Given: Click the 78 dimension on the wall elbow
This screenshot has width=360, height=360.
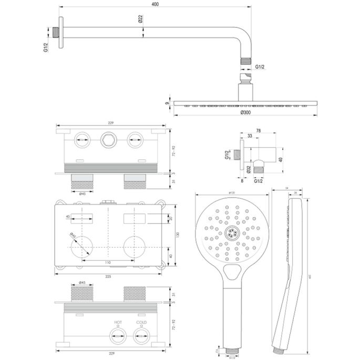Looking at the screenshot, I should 259,131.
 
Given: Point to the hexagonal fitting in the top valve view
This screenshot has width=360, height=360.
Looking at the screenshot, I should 108,140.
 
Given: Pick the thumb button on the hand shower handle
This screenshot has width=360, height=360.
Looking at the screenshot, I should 231,272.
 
